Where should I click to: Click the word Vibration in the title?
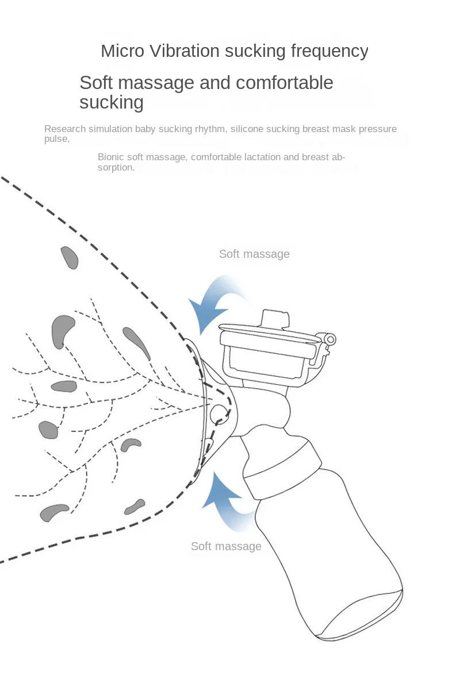click(x=185, y=51)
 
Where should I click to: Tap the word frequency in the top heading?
click(x=329, y=52)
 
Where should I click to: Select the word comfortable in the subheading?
click(x=285, y=83)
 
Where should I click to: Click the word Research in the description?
click(x=64, y=129)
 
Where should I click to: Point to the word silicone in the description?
click(x=247, y=129)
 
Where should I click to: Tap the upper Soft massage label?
click(x=254, y=254)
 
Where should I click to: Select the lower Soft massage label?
click(x=227, y=546)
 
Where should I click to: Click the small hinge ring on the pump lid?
click(x=331, y=339)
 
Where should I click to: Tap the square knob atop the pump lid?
click(x=275, y=318)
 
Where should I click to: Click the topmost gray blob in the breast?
click(x=70, y=257)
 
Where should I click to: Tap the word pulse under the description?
click(x=57, y=140)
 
